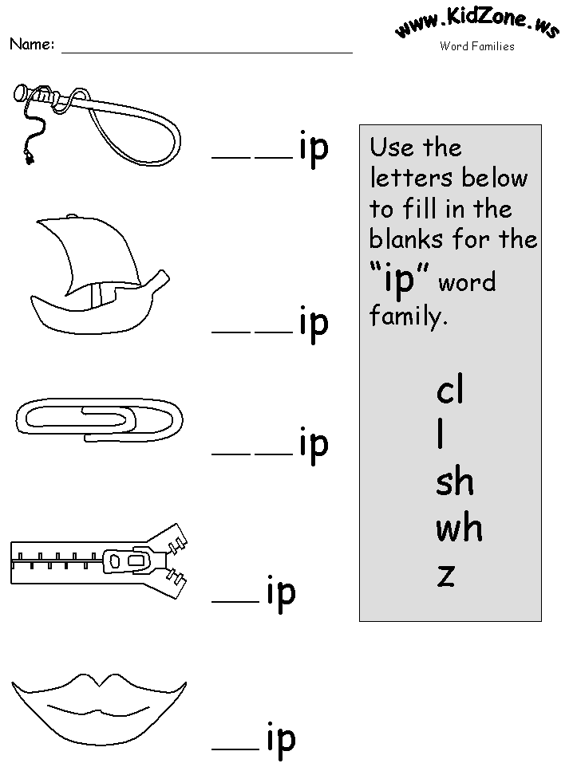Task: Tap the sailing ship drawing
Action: point(96,275)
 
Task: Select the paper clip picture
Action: point(98,420)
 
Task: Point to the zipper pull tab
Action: point(132,561)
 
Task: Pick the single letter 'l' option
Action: point(441,435)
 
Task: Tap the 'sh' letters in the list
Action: point(455,482)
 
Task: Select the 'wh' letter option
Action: point(459,528)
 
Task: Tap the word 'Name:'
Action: point(32,45)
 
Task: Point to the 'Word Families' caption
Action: point(476,46)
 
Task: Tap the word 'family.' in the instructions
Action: point(407,317)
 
